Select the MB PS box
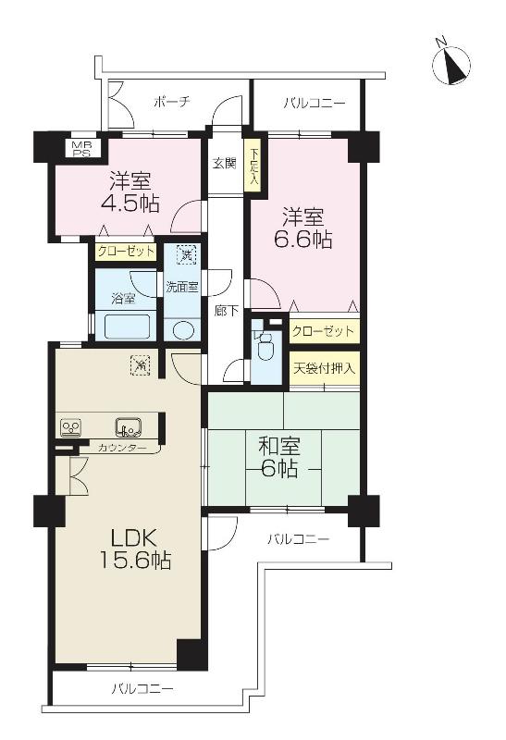coord(72,147)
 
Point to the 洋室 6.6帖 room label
coord(302,228)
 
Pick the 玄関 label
coord(224,164)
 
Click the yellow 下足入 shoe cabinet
coord(252,167)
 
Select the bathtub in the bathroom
coord(126,327)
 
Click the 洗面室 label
coord(182,287)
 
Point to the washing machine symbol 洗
coord(186,253)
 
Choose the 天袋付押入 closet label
coord(324,368)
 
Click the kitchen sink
coord(127,427)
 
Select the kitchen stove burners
coord(72,427)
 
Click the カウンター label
coord(121,448)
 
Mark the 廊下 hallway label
coord(223,312)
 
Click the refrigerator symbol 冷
coord(139,364)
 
